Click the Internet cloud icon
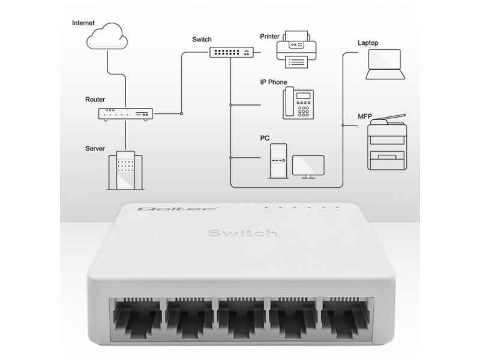coord(107,36)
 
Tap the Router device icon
coord(125,114)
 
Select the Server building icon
coord(125,170)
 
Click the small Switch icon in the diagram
coord(232,52)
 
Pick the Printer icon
coord(296,49)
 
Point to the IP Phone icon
coord(298,103)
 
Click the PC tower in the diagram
coord(278,161)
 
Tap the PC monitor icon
coord(308,167)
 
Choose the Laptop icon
coord(385,64)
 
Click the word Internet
coord(83,23)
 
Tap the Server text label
coord(95,148)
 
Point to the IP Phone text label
coord(274,82)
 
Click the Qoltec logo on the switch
coord(178,209)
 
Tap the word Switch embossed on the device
coord(242,233)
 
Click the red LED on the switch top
coord(266,208)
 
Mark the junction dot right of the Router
coord(182,113)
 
